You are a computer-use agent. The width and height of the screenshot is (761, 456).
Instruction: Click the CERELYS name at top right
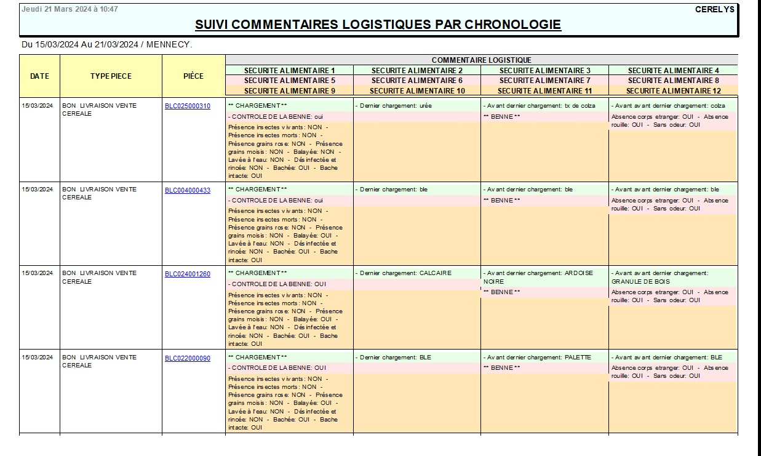point(715,9)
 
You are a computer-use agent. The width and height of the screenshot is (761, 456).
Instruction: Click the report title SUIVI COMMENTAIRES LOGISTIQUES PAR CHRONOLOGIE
point(378,25)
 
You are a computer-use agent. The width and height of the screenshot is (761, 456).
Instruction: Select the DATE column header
point(39,76)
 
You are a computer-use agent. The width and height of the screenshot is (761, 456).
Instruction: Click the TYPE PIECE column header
point(111,76)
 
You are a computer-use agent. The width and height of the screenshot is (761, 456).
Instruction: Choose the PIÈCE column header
point(193,76)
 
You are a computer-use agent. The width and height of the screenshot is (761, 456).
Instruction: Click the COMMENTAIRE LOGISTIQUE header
point(481,60)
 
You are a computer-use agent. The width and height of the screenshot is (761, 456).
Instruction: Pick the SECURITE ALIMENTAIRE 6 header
point(416,81)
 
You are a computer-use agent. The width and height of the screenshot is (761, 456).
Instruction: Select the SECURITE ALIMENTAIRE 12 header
point(673,91)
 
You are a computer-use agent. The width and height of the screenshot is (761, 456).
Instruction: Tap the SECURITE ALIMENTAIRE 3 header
point(544,70)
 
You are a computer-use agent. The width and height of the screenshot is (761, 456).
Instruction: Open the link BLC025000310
point(187,106)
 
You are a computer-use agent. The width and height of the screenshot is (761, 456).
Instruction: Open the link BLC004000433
point(187,190)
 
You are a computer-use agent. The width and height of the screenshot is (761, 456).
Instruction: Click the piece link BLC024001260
point(187,274)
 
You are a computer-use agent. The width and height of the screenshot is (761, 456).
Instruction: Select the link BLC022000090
point(187,358)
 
